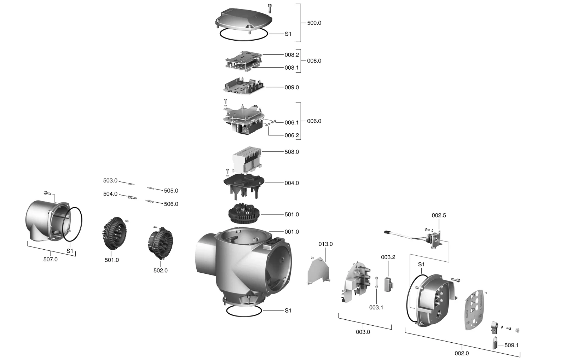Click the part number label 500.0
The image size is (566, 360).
(x=314, y=23)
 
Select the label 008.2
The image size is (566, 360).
(x=291, y=55)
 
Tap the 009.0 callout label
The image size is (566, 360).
(x=291, y=87)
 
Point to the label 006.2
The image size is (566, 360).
(x=291, y=135)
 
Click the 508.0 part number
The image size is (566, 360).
(x=291, y=152)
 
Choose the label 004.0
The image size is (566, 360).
(x=291, y=183)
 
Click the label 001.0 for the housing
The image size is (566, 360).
(x=291, y=232)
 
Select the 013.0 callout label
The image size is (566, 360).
(x=325, y=244)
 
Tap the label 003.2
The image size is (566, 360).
(x=388, y=257)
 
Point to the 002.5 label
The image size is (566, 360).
(x=439, y=215)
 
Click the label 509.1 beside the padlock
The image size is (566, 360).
(x=511, y=345)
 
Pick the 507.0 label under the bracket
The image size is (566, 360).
(x=50, y=259)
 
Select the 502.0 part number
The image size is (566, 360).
(x=160, y=271)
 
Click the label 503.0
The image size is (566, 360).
(x=110, y=181)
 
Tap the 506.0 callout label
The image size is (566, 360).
(x=171, y=204)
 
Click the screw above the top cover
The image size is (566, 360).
(x=270, y=7)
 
